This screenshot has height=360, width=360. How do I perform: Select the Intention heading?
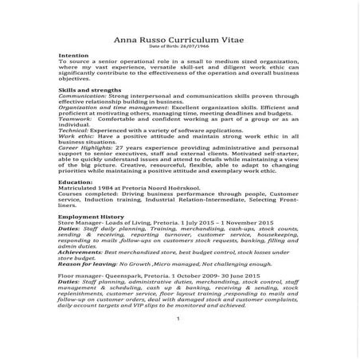(x=74, y=56)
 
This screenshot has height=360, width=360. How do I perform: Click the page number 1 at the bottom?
(x=179, y=342)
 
